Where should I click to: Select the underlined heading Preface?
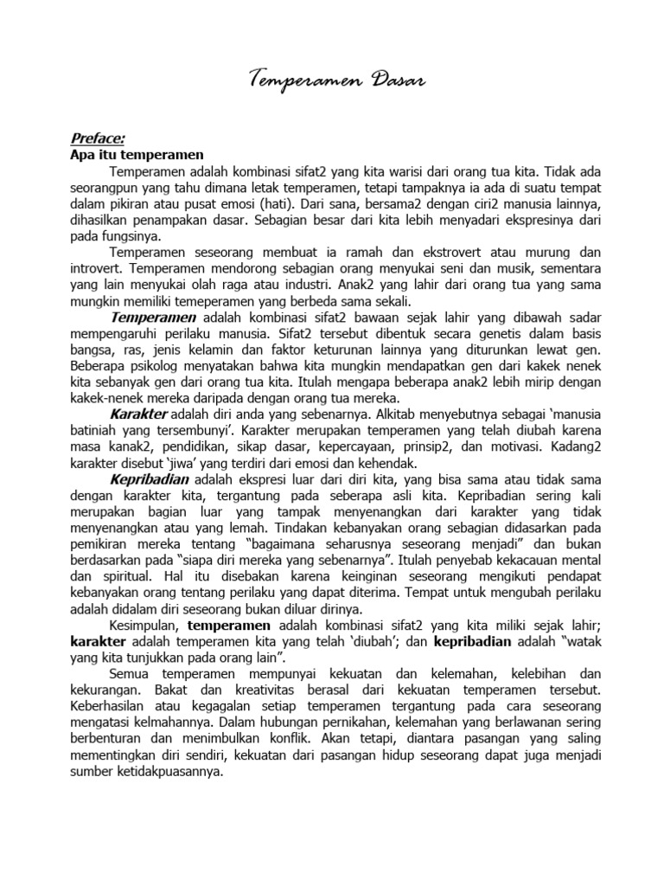97,138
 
